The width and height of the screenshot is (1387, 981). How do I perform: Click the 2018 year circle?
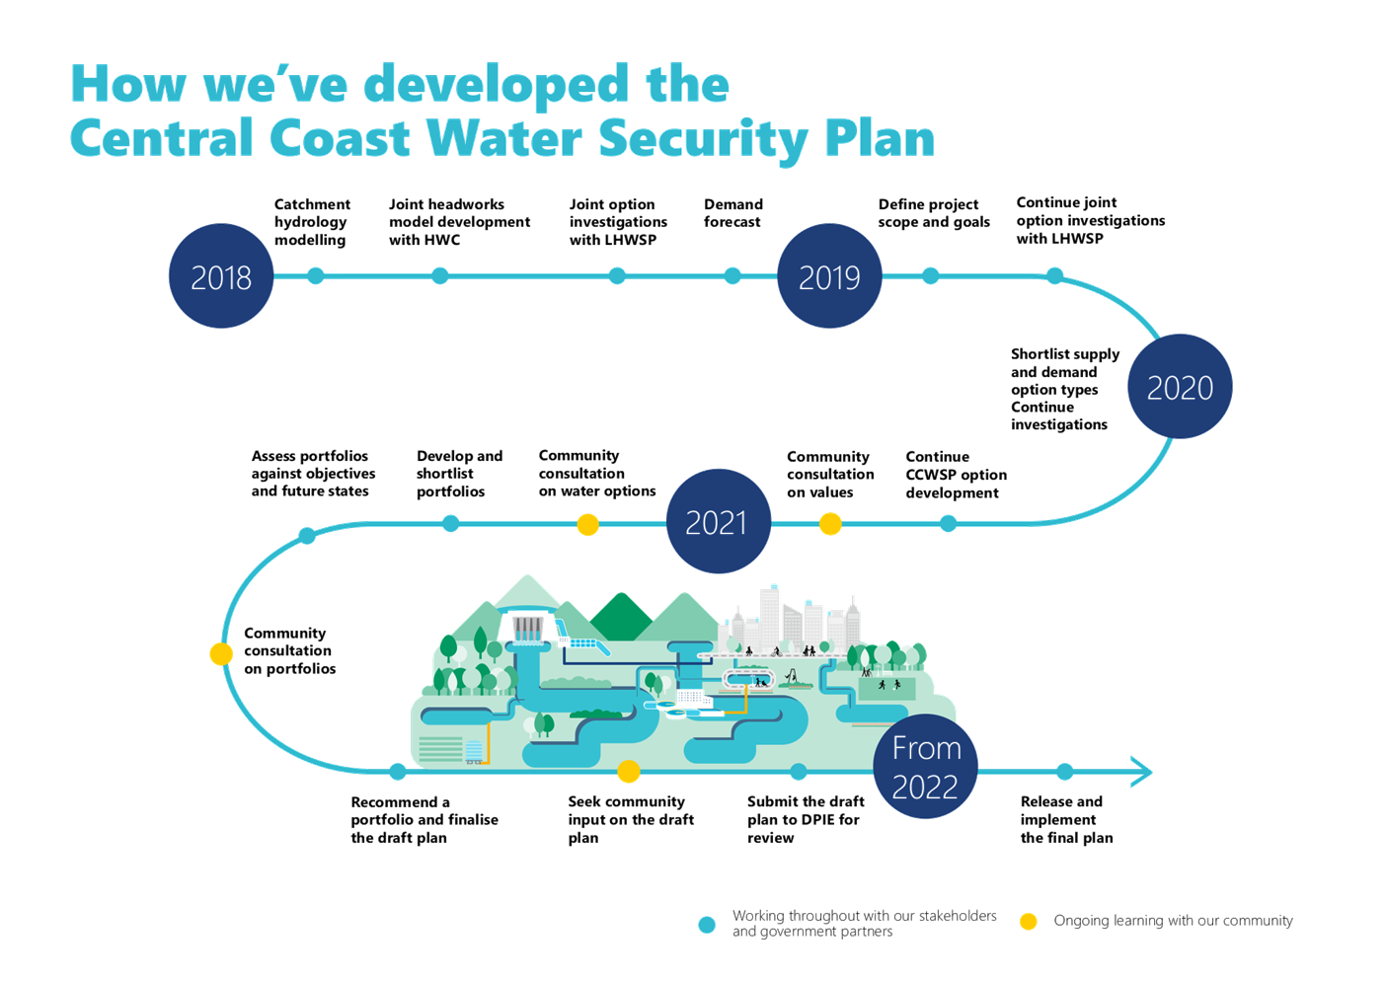click(221, 276)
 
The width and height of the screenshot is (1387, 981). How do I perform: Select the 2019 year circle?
click(829, 276)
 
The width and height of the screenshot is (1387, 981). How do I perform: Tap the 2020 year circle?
click(1180, 387)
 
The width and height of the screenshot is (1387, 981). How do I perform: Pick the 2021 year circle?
click(717, 522)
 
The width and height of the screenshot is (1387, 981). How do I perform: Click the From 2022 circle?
click(926, 767)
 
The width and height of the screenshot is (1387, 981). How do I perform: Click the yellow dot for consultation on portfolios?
click(221, 653)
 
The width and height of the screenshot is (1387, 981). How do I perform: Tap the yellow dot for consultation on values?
click(831, 524)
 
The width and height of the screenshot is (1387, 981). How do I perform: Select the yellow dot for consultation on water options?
click(587, 524)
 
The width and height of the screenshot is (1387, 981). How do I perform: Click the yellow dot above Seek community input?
click(629, 771)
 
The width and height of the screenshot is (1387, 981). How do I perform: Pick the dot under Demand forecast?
click(732, 276)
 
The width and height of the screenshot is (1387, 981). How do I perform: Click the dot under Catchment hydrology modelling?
click(316, 276)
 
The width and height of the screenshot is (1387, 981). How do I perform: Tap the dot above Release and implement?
click(1064, 771)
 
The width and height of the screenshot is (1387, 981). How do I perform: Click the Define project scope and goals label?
click(933, 213)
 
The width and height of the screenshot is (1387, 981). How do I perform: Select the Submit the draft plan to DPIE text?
click(805, 819)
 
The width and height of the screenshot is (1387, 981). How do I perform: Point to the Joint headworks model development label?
click(459, 222)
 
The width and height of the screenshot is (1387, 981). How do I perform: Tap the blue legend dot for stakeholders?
click(707, 925)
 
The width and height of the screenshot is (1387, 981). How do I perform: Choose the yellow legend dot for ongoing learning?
click(1029, 922)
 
